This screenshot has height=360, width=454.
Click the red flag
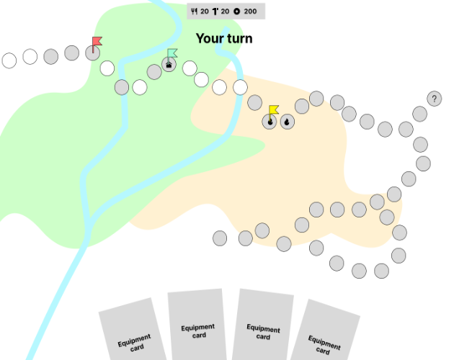[x=97, y=41]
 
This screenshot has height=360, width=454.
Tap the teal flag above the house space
[x=172, y=53]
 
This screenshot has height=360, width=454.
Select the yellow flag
[x=274, y=109]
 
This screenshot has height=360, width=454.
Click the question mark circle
[x=434, y=99]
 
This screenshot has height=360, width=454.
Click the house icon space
[x=169, y=65]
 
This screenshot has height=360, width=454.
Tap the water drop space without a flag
[x=287, y=122]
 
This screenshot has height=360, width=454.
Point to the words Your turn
[x=224, y=38]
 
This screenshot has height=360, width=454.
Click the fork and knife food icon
[x=194, y=12]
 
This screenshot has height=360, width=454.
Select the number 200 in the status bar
[x=250, y=12]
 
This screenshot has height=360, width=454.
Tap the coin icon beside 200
[x=236, y=12]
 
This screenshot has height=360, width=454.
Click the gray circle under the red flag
[x=92, y=53]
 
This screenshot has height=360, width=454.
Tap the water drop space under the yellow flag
[x=270, y=122]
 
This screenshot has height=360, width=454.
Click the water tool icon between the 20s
[x=215, y=12]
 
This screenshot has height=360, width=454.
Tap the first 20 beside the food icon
[x=205, y=12]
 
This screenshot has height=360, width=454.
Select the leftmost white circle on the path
[x=9, y=60]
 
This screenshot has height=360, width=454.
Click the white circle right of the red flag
[x=107, y=68]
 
